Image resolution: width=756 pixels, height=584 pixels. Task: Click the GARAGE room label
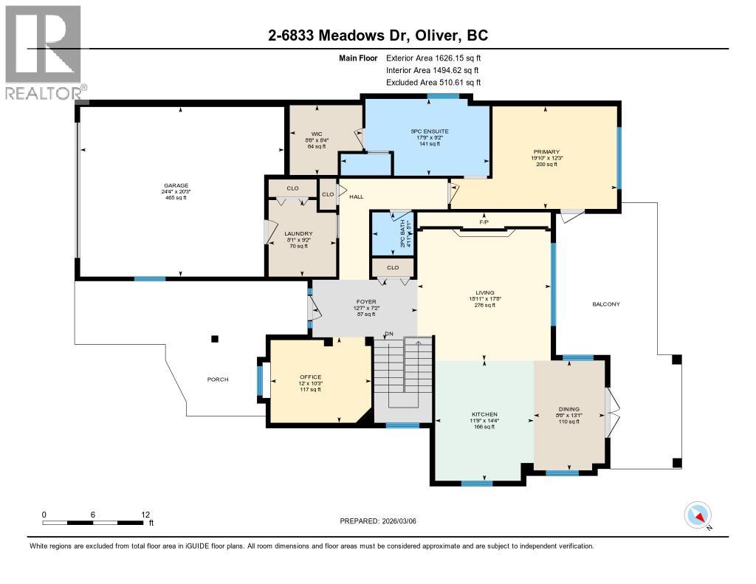[x=176, y=186]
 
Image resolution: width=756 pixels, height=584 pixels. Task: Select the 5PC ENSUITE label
[x=430, y=131]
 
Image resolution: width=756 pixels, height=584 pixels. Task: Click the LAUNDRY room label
[x=299, y=233]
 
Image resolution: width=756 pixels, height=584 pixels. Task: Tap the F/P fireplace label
[x=484, y=221]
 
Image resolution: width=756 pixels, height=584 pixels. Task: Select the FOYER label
[x=366, y=302]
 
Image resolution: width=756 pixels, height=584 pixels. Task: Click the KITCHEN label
[x=484, y=414]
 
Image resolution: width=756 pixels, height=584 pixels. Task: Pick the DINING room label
[x=569, y=409]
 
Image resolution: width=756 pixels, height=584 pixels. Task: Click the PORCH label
[x=217, y=379]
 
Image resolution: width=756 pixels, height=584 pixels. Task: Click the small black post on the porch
[x=215, y=339]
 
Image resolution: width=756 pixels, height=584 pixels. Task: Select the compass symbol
[x=698, y=515]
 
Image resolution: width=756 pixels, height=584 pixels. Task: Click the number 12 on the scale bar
[x=145, y=514]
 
